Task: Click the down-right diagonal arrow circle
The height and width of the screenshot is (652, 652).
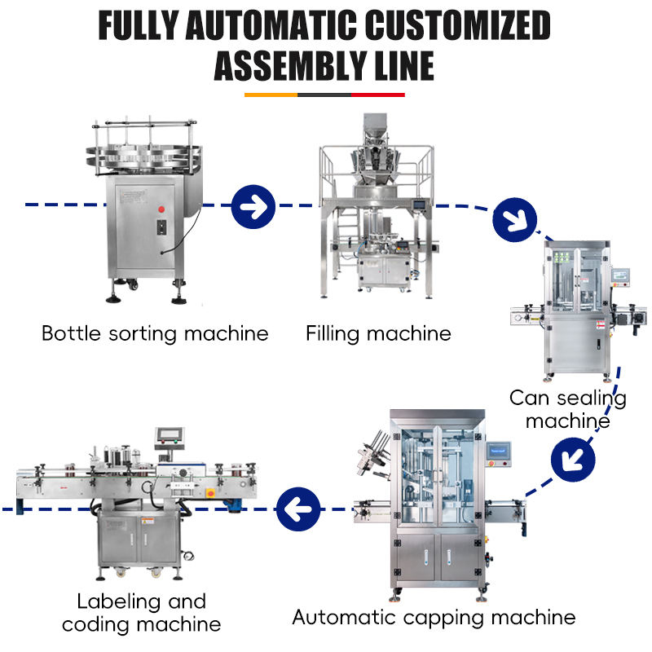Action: click(x=515, y=218)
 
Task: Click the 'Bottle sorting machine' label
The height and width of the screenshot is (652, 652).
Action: click(x=155, y=333)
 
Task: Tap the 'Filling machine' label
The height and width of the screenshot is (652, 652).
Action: click(x=378, y=333)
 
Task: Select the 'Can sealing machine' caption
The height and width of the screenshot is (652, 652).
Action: click(x=567, y=409)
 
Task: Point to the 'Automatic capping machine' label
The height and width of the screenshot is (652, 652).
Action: click(x=434, y=617)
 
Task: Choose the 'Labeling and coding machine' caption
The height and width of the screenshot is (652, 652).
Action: click(x=142, y=613)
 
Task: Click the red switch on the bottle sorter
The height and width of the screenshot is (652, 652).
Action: click(x=161, y=209)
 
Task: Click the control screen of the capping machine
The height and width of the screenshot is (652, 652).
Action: click(x=497, y=450)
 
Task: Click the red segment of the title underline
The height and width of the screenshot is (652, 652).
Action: click(x=377, y=95)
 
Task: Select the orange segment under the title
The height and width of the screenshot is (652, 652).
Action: click(x=271, y=95)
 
